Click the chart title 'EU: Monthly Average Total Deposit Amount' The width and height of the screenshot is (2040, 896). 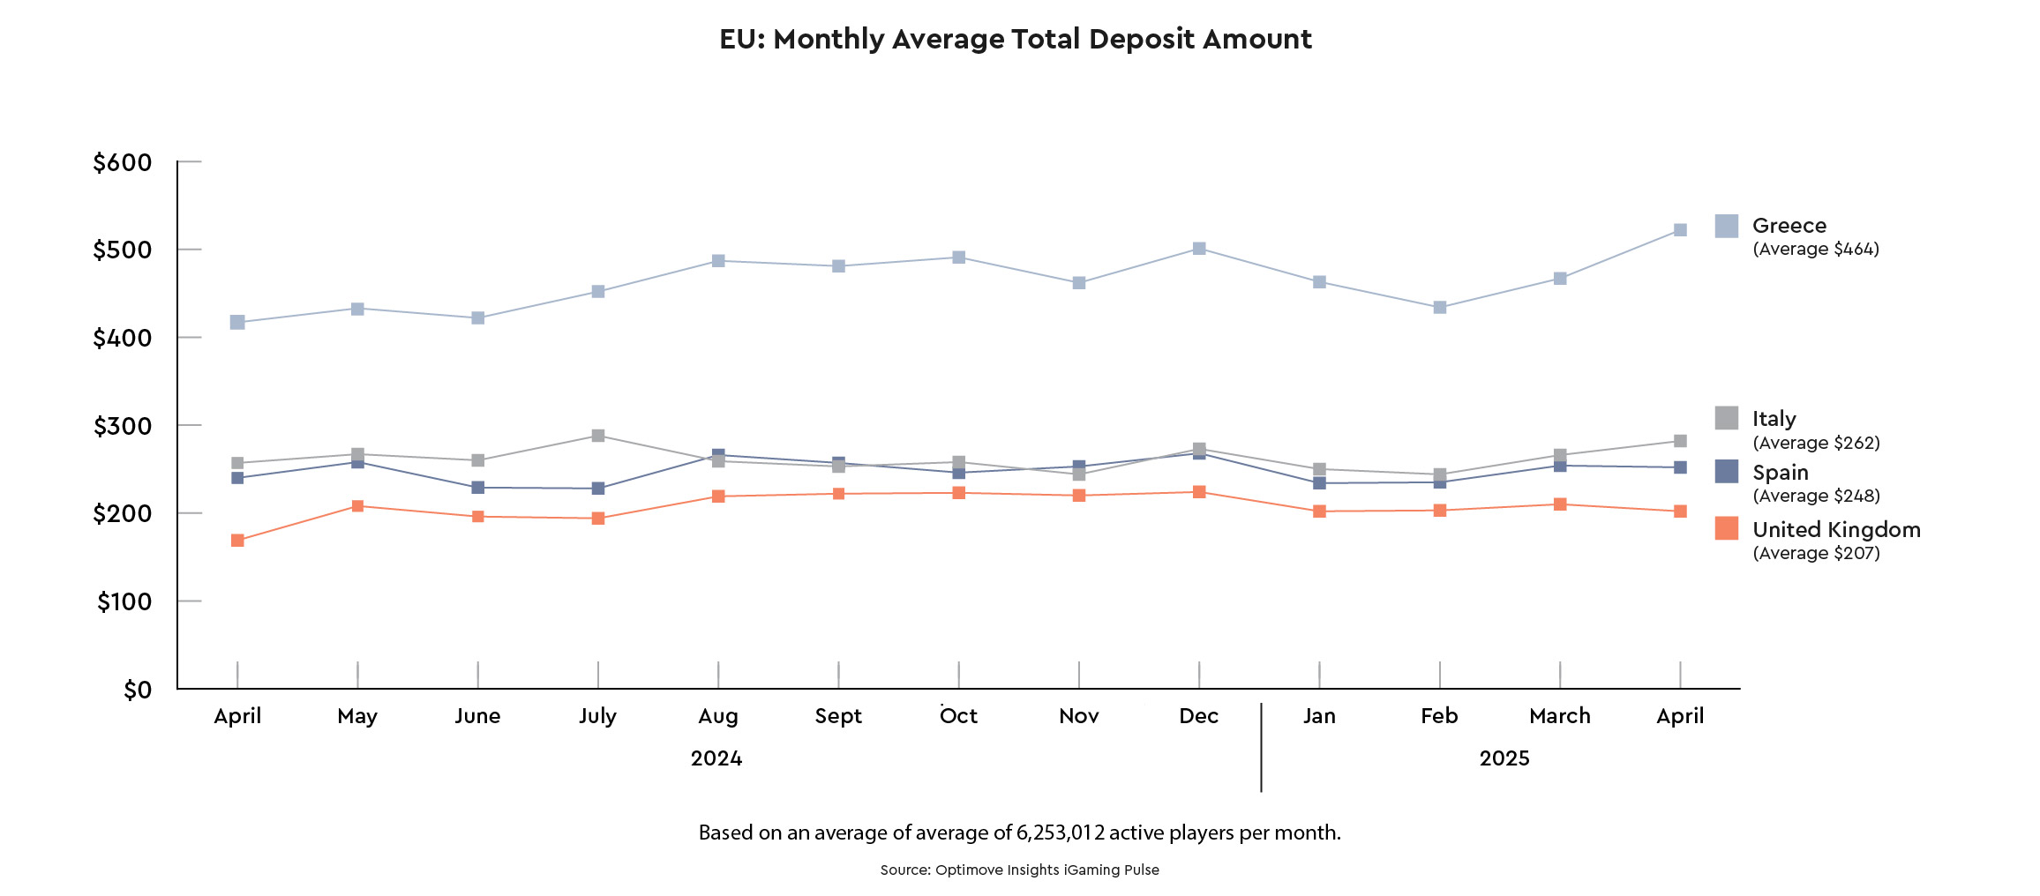(1016, 40)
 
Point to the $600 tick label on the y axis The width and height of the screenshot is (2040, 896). (123, 163)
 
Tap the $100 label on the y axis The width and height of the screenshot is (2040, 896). (124, 602)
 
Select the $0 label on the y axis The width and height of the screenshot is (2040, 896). (138, 691)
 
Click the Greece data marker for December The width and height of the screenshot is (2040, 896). (1199, 249)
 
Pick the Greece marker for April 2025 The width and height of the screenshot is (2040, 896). (1680, 230)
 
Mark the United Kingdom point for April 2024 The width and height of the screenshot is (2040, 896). (237, 541)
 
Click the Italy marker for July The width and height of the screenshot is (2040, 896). (598, 436)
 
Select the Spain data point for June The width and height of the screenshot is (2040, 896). (477, 488)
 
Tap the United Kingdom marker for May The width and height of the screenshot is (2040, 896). (357, 506)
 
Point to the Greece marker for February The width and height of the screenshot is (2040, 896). (1440, 308)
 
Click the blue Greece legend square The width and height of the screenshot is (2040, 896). (1727, 226)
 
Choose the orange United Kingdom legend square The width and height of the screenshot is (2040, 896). (1727, 529)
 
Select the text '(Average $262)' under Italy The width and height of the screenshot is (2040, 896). (1816, 443)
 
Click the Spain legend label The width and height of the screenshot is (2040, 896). (1780, 473)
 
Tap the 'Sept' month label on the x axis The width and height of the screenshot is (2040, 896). (838, 716)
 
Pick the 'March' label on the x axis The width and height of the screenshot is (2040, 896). (1560, 716)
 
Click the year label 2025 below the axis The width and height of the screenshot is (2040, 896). (1504, 758)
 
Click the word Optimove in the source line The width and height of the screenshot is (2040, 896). (968, 870)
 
